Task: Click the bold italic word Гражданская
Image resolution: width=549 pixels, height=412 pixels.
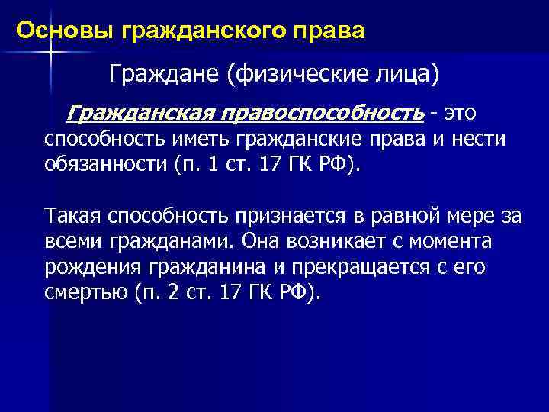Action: [141, 113]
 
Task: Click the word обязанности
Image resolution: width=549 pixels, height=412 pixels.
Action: [104, 166]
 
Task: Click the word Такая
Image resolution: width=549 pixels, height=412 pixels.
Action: [72, 216]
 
